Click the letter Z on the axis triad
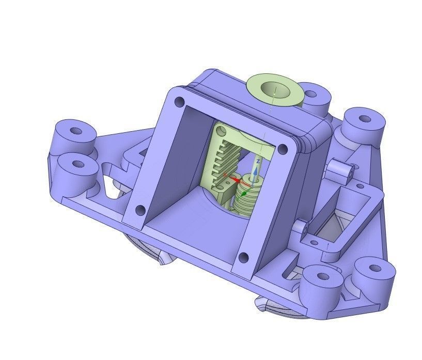pyautogui.click(x=258, y=161)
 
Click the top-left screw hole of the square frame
pyautogui.click(x=179, y=102)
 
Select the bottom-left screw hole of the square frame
pyautogui.click(x=139, y=210)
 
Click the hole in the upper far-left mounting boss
pyautogui.click(x=76, y=130)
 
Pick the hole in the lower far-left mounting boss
pyautogui.click(x=79, y=164)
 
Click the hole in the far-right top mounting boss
pyautogui.click(x=365, y=118)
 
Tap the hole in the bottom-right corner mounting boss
pyautogui.click(x=373, y=269)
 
